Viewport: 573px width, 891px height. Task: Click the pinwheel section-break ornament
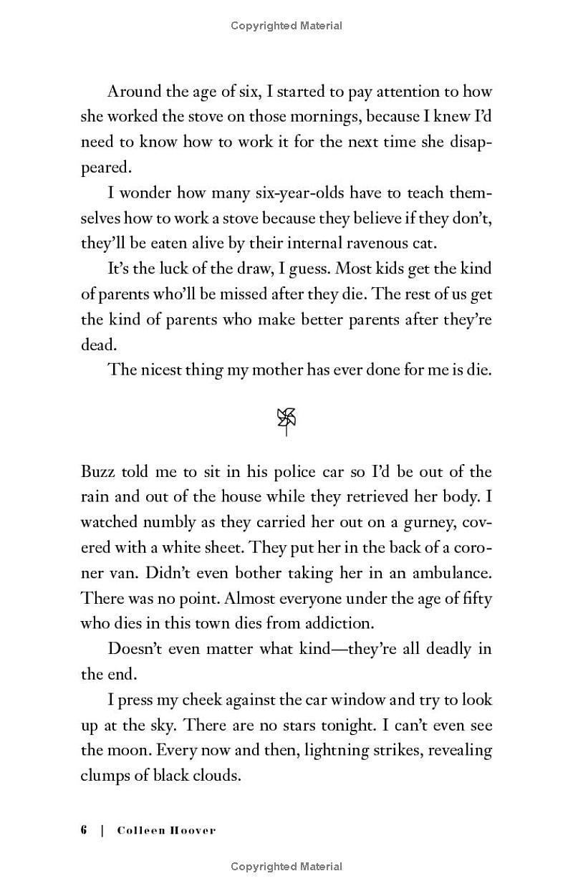pos(286,421)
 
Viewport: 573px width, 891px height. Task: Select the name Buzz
pos(97,471)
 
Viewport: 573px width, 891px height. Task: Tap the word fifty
pos(474,598)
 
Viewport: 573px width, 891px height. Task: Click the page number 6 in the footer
pos(84,831)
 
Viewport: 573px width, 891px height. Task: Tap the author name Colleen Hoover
pos(166,831)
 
